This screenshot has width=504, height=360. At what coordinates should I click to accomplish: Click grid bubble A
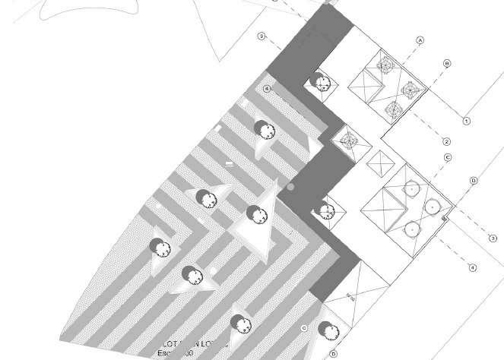tap(419, 39)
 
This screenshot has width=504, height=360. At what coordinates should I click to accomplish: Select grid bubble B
tap(447, 63)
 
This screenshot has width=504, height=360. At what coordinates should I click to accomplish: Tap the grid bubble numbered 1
tap(467, 121)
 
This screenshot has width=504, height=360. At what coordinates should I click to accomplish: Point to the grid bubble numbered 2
tap(447, 141)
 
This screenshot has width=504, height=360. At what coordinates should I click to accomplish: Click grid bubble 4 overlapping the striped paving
tap(267, 89)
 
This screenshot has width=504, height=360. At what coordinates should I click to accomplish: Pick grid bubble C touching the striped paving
tap(304, 328)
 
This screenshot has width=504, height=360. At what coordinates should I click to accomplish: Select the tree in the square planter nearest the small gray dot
tap(326, 210)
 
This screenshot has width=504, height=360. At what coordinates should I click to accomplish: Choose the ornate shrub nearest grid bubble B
tap(411, 91)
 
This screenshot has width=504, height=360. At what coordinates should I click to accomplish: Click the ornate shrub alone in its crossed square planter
tap(349, 141)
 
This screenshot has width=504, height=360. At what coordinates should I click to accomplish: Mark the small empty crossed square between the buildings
tap(379, 162)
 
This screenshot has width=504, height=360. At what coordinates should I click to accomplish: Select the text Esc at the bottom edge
tap(165, 355)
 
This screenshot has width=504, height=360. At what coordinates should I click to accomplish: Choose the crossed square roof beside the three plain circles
tap(383, 207)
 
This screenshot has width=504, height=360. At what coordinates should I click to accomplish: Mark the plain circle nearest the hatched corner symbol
tap(433, 204)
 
